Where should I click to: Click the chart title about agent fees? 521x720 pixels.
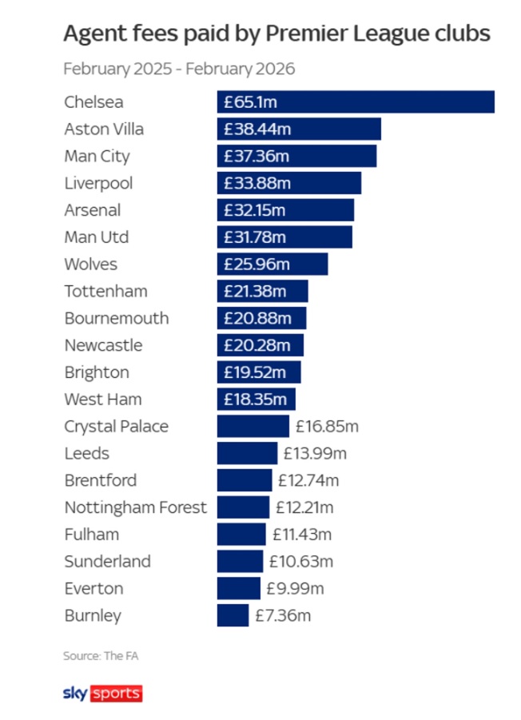click(x=276, y=34)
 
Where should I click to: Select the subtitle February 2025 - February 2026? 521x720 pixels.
click(x=179, y=69)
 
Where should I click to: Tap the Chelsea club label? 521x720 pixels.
click(x=94, y=102)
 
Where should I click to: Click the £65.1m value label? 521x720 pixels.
click(x=250, y=102)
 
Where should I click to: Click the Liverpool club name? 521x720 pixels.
click(x=98, y=183)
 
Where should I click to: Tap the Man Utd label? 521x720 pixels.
click(x=96, y=237)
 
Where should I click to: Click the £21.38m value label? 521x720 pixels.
click(x=254, y=291)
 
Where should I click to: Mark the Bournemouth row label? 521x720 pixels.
click(x=117, y=318)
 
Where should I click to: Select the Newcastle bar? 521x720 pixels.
click(x=260, y=345)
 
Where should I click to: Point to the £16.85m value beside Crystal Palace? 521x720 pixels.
click(x=327, y=426)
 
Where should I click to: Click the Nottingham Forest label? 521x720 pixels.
click(x=135, y=507)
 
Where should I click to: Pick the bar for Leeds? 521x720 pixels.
click(x=247, y=453)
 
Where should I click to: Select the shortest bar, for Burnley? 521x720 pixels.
click(x=233, y=615)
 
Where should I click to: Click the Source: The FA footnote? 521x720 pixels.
click(x=95, y=656)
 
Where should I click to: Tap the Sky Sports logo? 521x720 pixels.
click(x=102, y=693)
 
